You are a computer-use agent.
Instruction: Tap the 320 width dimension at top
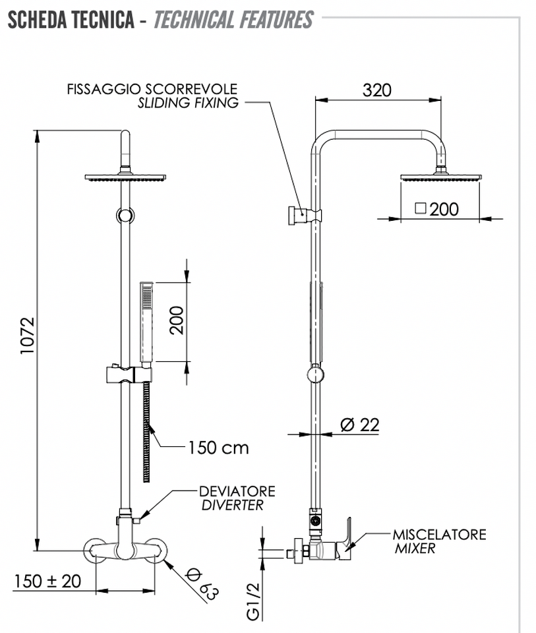click(x=376, y=90)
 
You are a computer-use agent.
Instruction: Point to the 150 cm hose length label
click(x=218, y=448)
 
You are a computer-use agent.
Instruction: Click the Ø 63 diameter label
click(x=202, y=584)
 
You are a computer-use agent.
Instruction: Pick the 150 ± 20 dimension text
click(x=47, y=582)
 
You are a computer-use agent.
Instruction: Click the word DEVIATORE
click(x=237, y=491)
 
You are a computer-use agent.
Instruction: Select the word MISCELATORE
click(x=440, y=535)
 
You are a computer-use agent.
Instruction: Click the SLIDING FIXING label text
click(x=188, y=103)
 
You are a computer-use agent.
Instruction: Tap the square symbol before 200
click(x=420, y=208)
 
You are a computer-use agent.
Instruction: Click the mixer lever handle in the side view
click(x=346, y=533)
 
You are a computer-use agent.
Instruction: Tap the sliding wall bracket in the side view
click(x=305, y=215)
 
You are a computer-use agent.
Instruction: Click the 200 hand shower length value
click(x=177, y=320)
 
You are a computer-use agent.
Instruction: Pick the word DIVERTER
click(x=233, y=505)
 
